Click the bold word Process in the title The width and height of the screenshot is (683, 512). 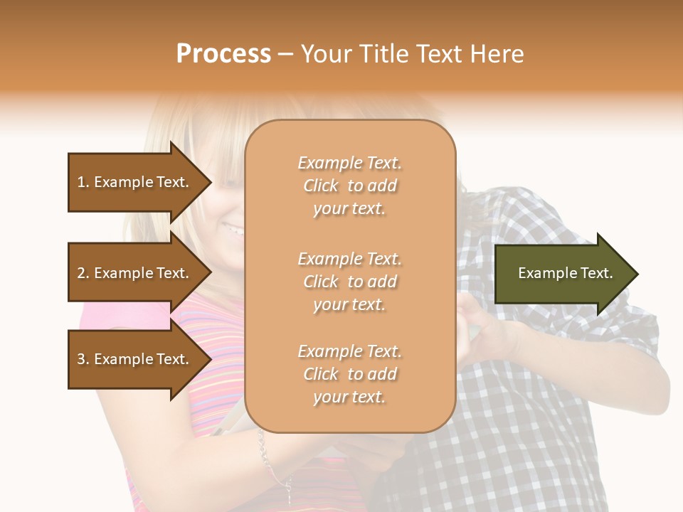[223, 54]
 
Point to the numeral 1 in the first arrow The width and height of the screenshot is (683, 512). [81, 183]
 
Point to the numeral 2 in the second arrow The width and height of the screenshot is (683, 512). [81, 274]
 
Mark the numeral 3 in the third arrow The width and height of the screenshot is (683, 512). [81, 360]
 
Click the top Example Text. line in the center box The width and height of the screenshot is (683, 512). [349, 163]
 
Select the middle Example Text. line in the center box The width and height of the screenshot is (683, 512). [349, 259]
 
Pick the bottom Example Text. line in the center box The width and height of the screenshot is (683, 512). [349, 351]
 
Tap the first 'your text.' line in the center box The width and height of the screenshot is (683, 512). [349, 208]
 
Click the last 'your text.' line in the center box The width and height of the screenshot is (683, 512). [349, 397]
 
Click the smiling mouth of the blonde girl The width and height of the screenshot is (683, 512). [233, 230]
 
